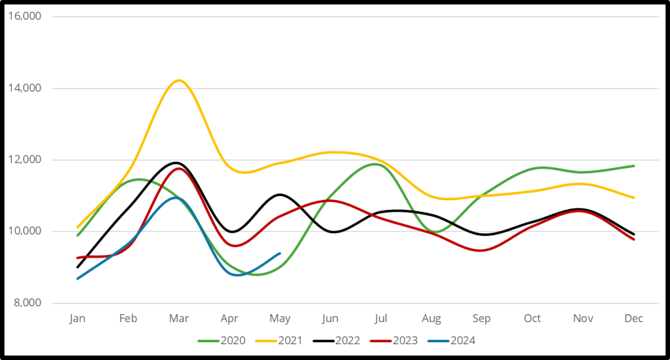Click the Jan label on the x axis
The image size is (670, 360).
pyautogui.click(x=77, y=319)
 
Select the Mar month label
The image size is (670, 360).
pyautogui.click(x=179, y=319)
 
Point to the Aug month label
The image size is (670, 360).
pyautogui.click(x=431, y=319)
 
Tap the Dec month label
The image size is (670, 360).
pyautogui.click(x=634, y=319)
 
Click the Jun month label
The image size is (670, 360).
pyautogui.click(x=330, y=319)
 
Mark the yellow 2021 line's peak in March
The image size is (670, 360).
pyautogui.click(x=178, y=80)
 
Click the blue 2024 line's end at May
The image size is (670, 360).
pyautogui.click(x=280, y=253)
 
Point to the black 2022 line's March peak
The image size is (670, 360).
pyautogui.click(x=177, y=163)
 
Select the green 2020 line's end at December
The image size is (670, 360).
pyautogui.click(x=634, y=166)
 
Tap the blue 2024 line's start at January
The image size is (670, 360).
pyautogui.click(x=77, y=279)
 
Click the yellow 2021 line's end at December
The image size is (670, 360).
pyautogui.click(x=634, y=197)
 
